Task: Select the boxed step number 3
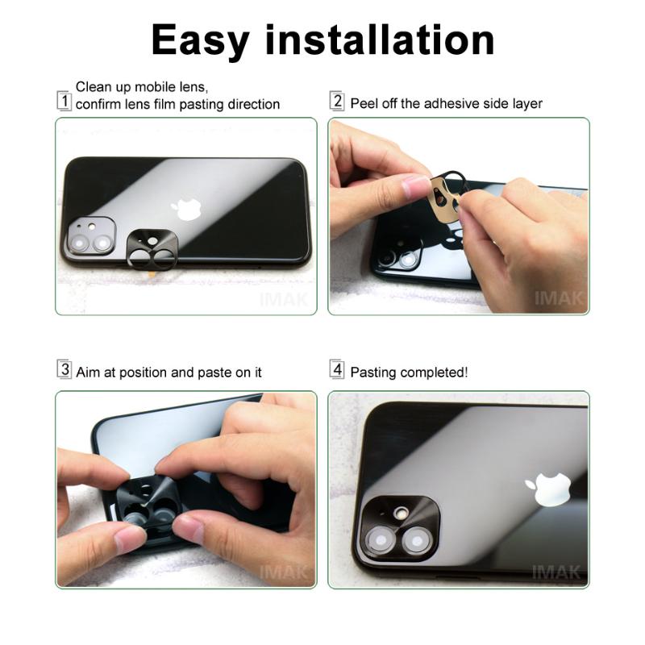(64, 371)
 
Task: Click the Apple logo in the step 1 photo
(187, 209)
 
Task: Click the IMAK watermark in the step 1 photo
(283, 299)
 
